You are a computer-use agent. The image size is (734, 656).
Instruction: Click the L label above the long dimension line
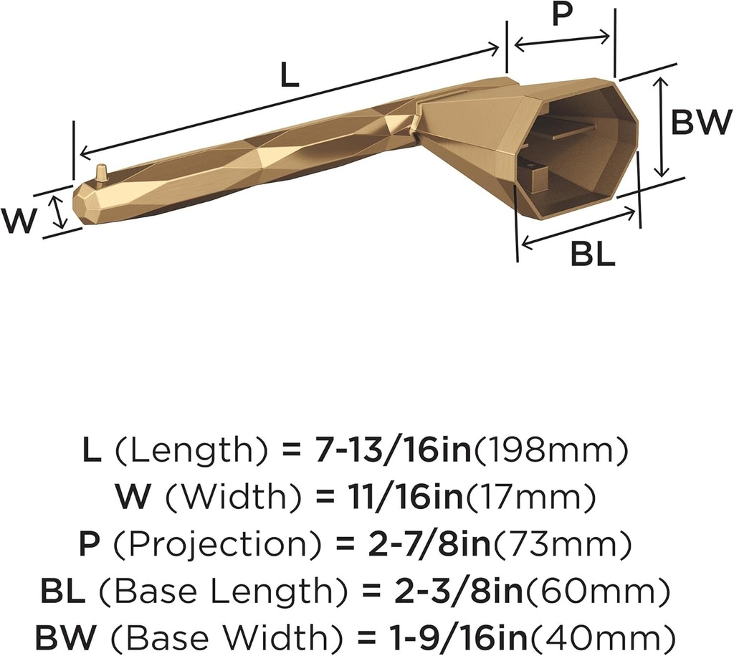(289, 75)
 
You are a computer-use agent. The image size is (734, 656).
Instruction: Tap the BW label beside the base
(701, 123)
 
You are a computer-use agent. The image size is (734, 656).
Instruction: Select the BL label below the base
(593, 254)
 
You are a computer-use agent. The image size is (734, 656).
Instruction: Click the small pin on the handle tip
(102, 173)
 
